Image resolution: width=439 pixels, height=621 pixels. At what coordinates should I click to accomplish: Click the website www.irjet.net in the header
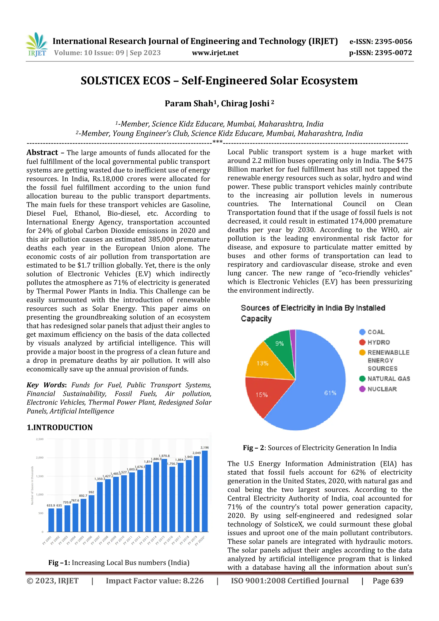[215, 53]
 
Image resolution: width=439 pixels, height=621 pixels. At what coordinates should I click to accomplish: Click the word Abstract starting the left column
[42, 153]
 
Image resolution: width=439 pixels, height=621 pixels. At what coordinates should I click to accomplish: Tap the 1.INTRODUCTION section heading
[60, 427]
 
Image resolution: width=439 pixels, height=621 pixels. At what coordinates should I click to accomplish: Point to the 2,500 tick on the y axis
[39, 439]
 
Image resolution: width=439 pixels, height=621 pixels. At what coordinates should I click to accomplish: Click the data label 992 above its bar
[92, 492]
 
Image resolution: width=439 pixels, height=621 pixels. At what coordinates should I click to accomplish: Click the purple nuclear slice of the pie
[292, 335]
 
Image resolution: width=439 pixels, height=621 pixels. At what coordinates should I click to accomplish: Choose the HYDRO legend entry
[378, 342]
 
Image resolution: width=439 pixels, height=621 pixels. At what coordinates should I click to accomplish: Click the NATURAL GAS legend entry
[388, 379]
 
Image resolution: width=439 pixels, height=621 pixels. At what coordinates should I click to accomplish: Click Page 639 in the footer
[388, 581]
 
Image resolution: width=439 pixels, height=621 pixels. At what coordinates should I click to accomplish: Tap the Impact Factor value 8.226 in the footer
[193, 581]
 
